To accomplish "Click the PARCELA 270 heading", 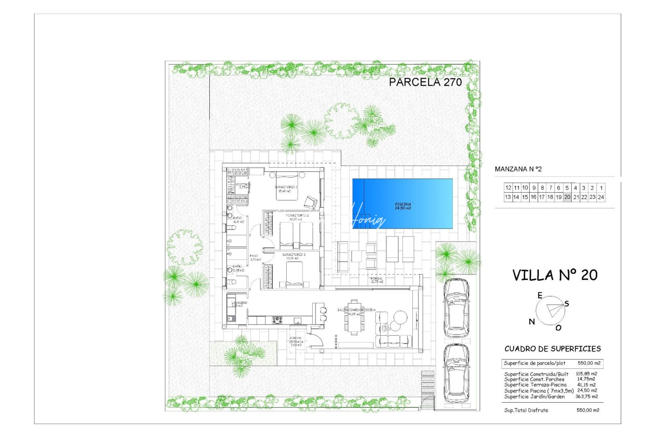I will point(425,82).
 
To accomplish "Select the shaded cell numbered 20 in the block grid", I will point(567,197).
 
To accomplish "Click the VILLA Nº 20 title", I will point(555,275).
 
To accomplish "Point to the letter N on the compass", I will point(532,322).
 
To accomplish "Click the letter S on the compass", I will point(567,303).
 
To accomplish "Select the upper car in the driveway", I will point(456,308).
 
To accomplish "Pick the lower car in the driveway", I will point(456,373).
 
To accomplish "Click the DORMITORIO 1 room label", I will point(286,187).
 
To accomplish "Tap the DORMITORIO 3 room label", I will point(294,255).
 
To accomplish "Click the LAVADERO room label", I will point(239,303).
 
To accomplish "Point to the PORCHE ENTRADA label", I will point(296,341).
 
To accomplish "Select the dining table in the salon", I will point(354,318).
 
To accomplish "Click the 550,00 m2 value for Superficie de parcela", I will point(589,363).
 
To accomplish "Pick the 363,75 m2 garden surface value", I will point(586,397).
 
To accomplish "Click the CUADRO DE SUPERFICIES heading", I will point(552,348).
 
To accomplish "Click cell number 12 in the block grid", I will point(508,188).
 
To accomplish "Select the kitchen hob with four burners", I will point(277,320).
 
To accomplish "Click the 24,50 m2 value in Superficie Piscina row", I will point(587,390).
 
